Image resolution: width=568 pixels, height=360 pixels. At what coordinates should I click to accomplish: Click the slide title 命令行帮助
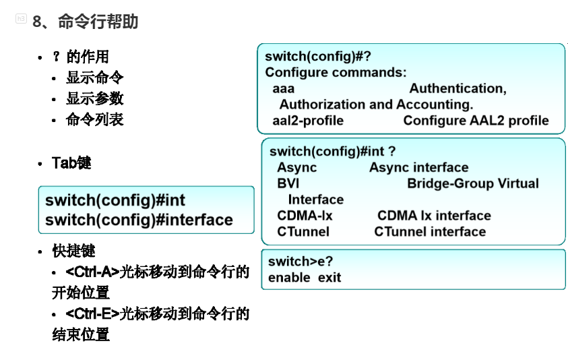pos(98,22)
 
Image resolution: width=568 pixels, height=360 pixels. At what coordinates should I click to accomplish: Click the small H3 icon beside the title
pos(21,20)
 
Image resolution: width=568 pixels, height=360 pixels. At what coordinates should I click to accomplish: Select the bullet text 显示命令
pos(94,78)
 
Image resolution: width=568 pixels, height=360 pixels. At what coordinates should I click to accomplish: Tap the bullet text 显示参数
pos(94,98)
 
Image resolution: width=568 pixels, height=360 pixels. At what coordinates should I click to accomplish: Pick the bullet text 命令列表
pos(94,119)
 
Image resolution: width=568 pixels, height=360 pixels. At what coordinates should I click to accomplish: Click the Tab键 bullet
pos(71,163)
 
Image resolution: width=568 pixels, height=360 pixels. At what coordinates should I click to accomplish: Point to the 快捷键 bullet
pos(73,251)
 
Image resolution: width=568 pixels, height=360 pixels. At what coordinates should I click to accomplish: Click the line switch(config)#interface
pos(139,220)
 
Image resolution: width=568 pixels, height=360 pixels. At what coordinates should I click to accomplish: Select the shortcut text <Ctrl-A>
pos(92,272)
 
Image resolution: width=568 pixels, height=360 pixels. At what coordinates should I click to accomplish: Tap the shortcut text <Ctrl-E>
pos(92,313)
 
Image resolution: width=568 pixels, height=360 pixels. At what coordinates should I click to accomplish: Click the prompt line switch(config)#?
pos(318,57)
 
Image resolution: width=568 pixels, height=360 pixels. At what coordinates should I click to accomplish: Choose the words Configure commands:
pos(336,72)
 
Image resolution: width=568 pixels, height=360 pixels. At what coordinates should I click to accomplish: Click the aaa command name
pos(284,88)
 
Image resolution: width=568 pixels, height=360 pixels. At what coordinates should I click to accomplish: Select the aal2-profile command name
pos(308,121)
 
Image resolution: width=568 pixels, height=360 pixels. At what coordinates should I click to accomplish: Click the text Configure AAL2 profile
pos(476,121)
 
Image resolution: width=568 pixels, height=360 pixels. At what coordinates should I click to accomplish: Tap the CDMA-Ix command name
pos(305,216)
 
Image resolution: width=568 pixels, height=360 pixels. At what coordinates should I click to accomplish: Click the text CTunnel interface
pos(430,232)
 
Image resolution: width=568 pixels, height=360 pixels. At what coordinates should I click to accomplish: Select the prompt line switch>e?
pos(301,262)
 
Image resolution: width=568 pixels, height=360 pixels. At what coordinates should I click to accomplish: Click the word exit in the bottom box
pos(330,277)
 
